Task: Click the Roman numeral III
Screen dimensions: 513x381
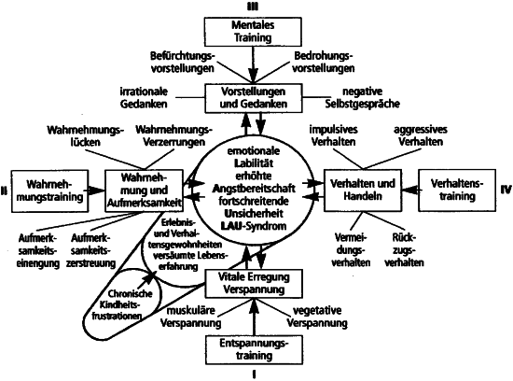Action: click(252, 7)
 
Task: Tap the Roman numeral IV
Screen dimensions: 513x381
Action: click(506, 190)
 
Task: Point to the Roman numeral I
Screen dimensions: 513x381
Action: click(254, 374)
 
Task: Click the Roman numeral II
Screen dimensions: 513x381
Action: click(4, 190)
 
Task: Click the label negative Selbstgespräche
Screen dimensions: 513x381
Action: click(362, 98)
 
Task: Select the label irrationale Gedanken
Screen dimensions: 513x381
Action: click(144, 98)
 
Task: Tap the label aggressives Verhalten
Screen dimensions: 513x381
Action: click(421, 135)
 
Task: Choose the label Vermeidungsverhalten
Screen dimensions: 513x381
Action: click(351, 250)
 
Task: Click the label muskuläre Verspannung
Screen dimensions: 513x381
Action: click(190, 317)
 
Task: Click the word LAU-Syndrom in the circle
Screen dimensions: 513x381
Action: click(254, 226)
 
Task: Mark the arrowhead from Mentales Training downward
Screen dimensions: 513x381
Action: click(253, 75)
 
